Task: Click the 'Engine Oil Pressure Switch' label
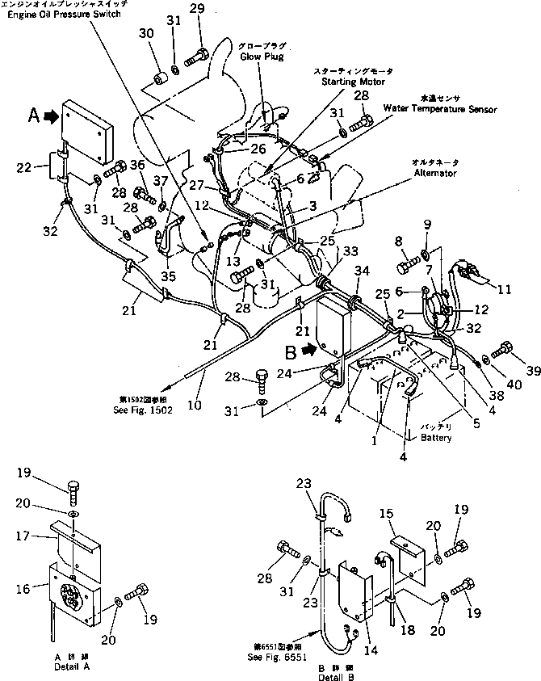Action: [x=63, y=15]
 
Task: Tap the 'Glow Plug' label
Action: [x=261, y=57]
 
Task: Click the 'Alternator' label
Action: [x=434, y=173]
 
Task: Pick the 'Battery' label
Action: [x=436, y=438]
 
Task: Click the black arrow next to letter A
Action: [x=51, y=116]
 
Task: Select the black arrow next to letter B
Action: [x=308, y=351]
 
